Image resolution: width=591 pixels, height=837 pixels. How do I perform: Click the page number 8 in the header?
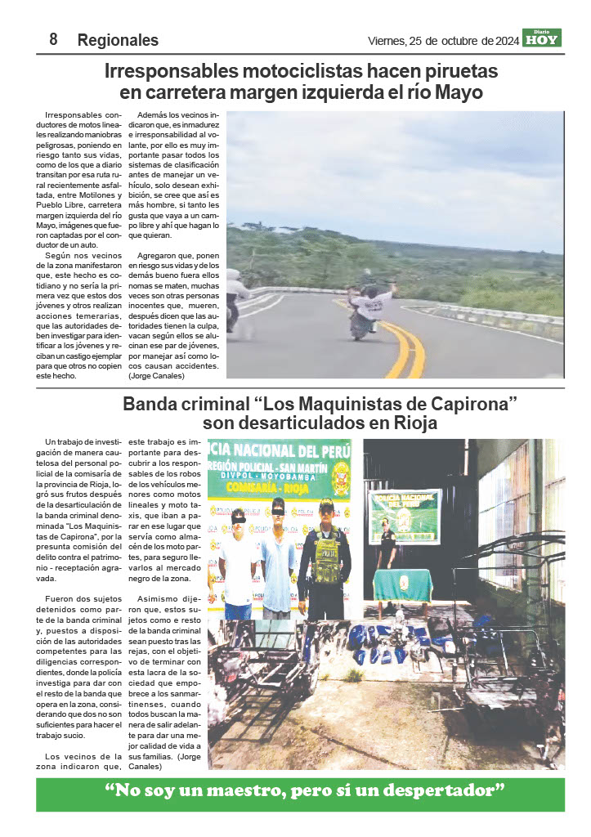point(53,39)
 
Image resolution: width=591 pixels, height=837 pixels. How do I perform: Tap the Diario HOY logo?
point(542,38)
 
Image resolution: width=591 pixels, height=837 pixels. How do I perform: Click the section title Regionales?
point(118,40)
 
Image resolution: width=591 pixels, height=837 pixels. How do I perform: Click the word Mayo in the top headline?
point(459,93)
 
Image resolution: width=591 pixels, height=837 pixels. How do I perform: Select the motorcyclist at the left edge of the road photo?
point(235,298)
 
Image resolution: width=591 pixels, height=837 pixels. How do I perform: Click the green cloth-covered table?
point(402,585)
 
